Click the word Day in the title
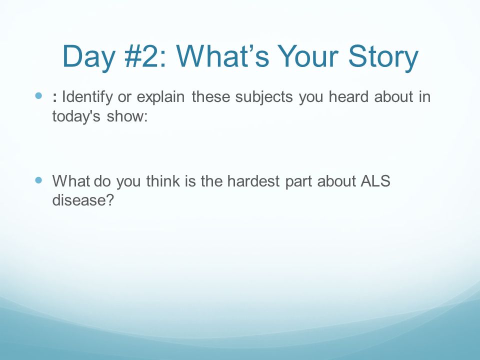tap(88, 57)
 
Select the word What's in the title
tap(223, 56)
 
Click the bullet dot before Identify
tap(38, 96)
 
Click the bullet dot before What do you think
tap(38, 180)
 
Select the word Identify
tap(87, 97)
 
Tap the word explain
tap(160, 97)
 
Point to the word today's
tap(76, 116)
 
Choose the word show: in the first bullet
tap(127, 116)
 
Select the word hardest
tap(253, 180)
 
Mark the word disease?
tap(83, 200)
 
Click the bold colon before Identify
tap(55, 97)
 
